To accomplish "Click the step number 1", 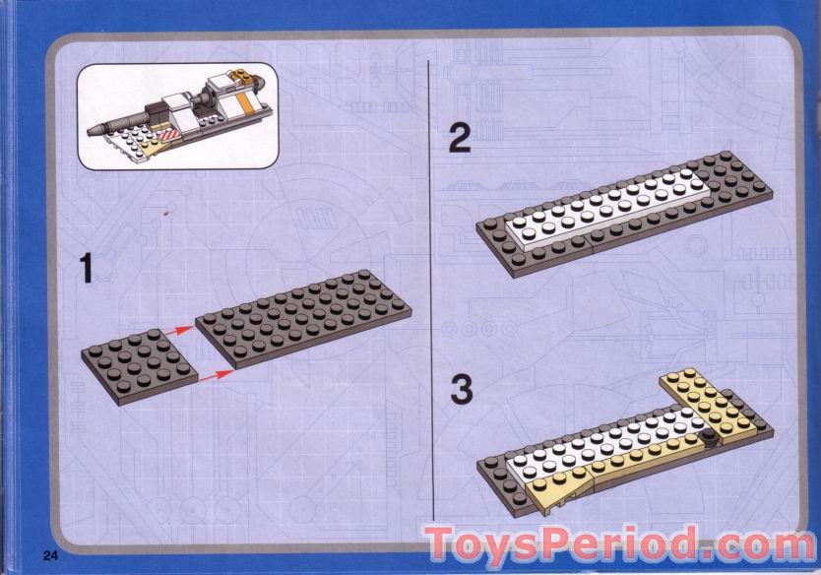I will point(87,268).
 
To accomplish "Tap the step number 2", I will point(460,137).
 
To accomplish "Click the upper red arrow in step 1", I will point(179,334).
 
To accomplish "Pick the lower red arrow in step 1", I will point(217,375).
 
